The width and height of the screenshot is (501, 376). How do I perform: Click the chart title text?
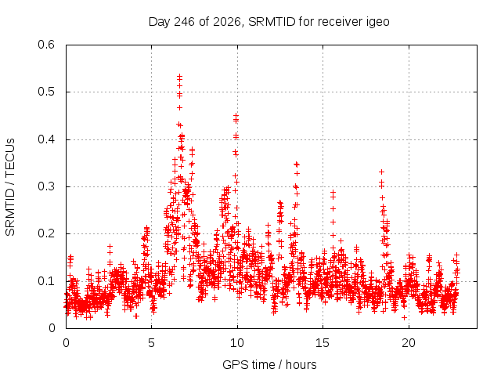269,22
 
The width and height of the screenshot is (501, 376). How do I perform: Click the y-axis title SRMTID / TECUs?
10,187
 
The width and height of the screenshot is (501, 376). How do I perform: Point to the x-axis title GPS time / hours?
269,364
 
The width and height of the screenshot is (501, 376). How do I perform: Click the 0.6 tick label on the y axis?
46,45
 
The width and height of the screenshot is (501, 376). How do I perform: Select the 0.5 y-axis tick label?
46,92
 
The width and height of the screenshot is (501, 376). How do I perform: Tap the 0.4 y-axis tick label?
46,139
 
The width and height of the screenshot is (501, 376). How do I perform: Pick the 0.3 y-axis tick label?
46,186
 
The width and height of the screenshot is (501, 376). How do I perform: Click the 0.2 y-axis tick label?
46,233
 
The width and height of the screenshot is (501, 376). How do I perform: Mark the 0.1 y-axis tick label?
46,281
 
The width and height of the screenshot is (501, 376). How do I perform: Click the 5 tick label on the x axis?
151,343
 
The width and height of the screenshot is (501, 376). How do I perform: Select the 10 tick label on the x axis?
237,343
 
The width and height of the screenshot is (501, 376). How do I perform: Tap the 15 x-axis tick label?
323,343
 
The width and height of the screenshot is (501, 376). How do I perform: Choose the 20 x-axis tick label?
409,343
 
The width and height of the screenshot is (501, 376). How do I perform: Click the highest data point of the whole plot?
179,77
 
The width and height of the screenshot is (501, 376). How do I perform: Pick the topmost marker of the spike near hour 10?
236,115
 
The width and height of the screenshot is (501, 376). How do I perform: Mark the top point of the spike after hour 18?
381,172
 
